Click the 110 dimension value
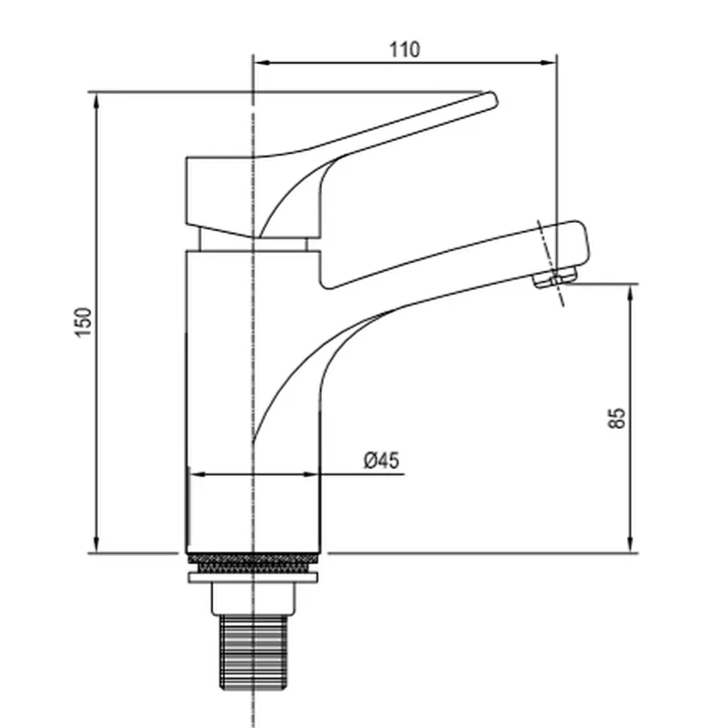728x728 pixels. click(x=404, y=50)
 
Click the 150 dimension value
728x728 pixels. click(x=84, y=322)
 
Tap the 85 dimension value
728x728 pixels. click(x=617, y=419)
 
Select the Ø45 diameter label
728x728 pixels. click(x=381, y=460)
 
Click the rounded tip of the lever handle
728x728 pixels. click(x=492, y=99)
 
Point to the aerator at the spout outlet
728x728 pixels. click(x=555, y=278)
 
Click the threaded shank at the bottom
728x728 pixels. click(x=253, y=652)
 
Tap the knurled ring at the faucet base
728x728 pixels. click(x=253, y=562)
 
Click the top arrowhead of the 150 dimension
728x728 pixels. click(x=96, y=101)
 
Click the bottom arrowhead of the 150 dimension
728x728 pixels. click(x=96, y=545)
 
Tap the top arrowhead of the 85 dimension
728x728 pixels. click(x=630, y=292)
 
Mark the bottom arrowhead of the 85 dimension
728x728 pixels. click(x=630, y=544)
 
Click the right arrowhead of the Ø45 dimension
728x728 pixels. click(x=310, y=474)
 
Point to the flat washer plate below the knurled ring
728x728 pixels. click(x=253, y=578)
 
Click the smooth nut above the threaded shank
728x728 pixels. click(x=253, y=599)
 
